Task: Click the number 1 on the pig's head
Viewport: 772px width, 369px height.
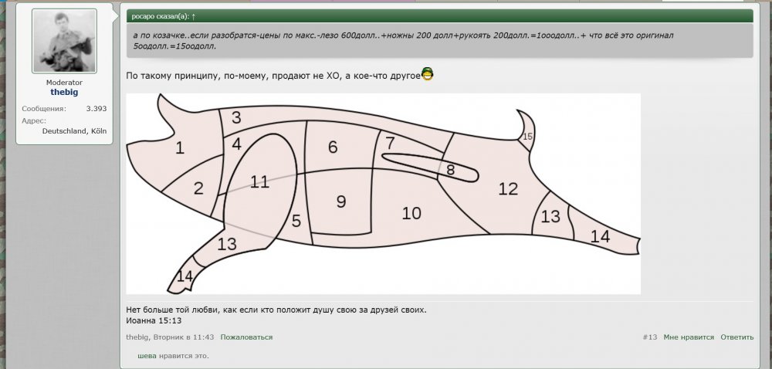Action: tap(180, 148)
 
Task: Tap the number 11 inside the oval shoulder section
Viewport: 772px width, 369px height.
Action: tap(259, 182)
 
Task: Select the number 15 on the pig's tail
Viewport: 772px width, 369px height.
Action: tap(528, 137)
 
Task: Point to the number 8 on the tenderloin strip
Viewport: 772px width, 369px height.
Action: tap(451, 171)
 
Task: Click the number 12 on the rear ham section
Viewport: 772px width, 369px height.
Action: tap(508, 189)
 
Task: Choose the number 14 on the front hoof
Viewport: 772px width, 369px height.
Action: tap(185, 276)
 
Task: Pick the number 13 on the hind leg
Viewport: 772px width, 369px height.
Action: tap(550, 216)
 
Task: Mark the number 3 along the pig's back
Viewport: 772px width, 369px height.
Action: tap(236, 118)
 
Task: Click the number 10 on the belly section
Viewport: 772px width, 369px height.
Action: tap(411, 214)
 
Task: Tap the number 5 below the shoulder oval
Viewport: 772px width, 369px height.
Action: tap(296, 222)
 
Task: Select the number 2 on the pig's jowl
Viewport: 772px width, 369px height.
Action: tap(198, 188)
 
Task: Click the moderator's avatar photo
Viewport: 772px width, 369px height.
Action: tap(65, 41)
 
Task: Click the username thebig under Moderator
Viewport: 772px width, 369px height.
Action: tap(64, 92)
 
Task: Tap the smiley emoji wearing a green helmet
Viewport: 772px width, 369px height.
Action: tap(428, 74)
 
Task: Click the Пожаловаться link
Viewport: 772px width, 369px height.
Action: tap(246, 337)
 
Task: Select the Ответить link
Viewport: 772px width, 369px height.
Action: tap(737, 337)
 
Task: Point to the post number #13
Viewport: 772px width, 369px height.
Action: tap(650, 337)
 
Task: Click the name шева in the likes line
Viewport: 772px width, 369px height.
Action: tap(147, 356)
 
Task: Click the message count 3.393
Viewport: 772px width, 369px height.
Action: tap(96, 109)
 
